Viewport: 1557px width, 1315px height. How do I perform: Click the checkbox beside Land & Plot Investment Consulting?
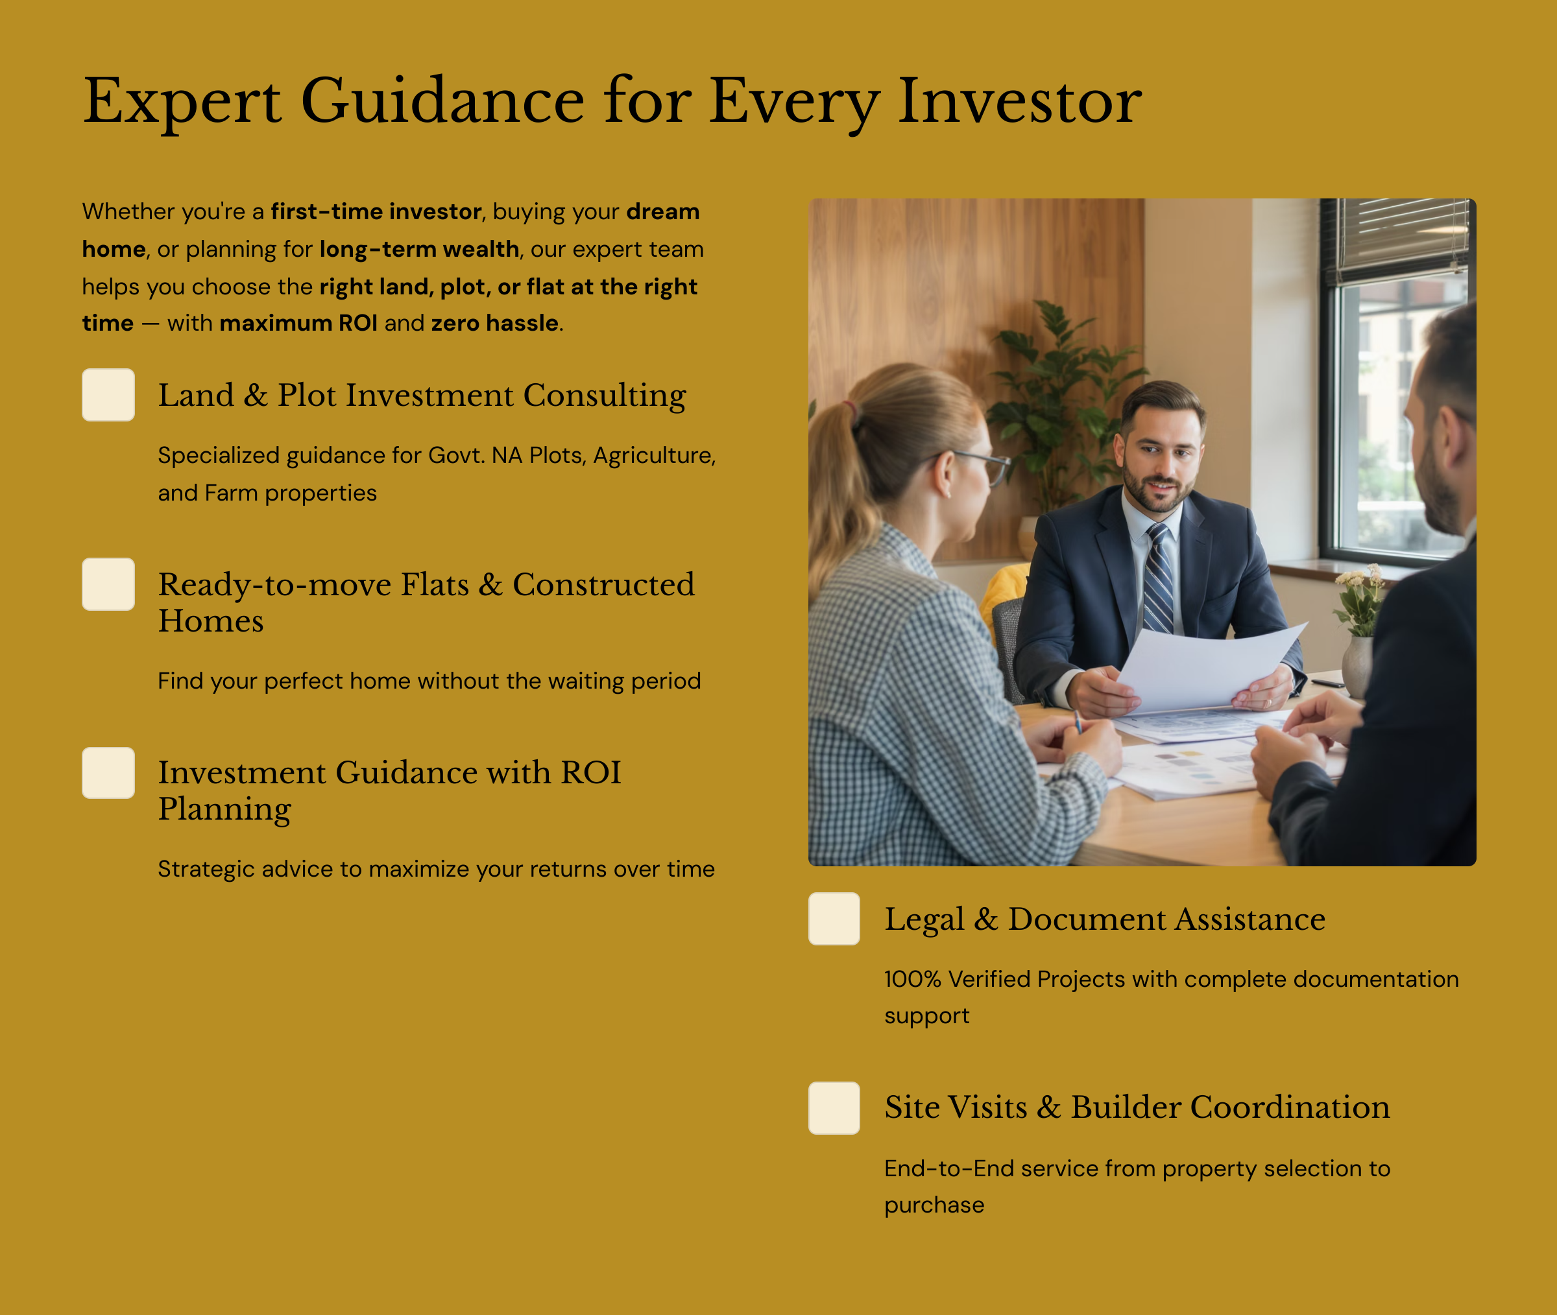coord(108,395)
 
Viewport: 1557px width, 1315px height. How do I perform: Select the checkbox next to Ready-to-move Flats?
coord(108,584)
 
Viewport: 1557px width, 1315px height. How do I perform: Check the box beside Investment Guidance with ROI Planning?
coord(108,773)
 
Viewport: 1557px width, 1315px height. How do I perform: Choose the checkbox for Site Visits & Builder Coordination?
coord(834,1108)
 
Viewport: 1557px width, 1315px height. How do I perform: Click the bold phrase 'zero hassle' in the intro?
coord(494,323)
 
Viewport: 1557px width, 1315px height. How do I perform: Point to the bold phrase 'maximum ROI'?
coord(298,323)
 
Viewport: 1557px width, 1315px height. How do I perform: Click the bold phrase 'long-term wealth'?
coord(419,249)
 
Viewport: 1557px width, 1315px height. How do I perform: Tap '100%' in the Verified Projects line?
coord(913,979)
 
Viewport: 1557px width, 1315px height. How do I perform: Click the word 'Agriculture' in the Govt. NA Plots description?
coord(655,455)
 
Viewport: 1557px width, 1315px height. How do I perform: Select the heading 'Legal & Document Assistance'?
coord(1105,919)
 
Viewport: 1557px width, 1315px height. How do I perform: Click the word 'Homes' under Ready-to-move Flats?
coord(211,621)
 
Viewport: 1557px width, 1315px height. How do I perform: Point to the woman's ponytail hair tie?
coord(849,409)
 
